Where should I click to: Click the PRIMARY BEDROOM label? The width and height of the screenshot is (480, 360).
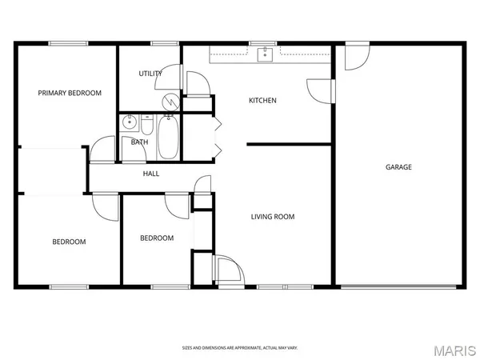pos(70,93)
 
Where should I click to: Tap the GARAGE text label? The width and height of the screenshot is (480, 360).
pos(398,167)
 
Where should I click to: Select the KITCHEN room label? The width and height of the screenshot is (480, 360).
pos(262,101)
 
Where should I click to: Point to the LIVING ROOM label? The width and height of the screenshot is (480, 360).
pos(273,216)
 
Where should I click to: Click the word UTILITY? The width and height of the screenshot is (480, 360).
pos(150,74)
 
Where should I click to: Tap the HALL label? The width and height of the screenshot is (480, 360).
pos(151,174)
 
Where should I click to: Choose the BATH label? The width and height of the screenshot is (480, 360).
pos(139,142)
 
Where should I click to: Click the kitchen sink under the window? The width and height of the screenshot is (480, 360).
pos(265,54)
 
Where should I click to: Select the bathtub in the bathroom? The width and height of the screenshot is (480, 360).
pos(168,137)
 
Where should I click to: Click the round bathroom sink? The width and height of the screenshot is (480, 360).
pos(130,124)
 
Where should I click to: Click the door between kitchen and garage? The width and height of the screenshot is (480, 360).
pos(320,90)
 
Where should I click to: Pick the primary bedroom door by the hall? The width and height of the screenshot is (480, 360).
pos(102,150)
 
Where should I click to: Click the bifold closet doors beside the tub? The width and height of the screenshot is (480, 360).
pos(218,137)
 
